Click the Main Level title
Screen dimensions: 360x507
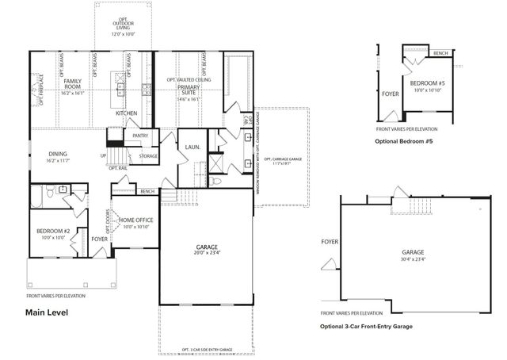pos(48,312)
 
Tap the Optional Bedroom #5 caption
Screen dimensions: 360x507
pos(405,140)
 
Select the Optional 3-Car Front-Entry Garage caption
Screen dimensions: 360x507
pos(367,326)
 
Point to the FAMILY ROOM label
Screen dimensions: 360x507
pos(74,85)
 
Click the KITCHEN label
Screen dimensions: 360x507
pos(127,113)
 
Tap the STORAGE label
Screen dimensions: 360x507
pos(148,156)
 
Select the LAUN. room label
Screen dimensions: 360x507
pos(193,147)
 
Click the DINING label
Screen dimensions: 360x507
pos(58,155)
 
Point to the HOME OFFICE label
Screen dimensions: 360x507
pos(136,220)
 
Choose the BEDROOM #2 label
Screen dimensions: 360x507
pos(55,232)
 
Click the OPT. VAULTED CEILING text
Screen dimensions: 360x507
pos(189,80)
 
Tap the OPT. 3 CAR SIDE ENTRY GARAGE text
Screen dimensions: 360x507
pos(207,349)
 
